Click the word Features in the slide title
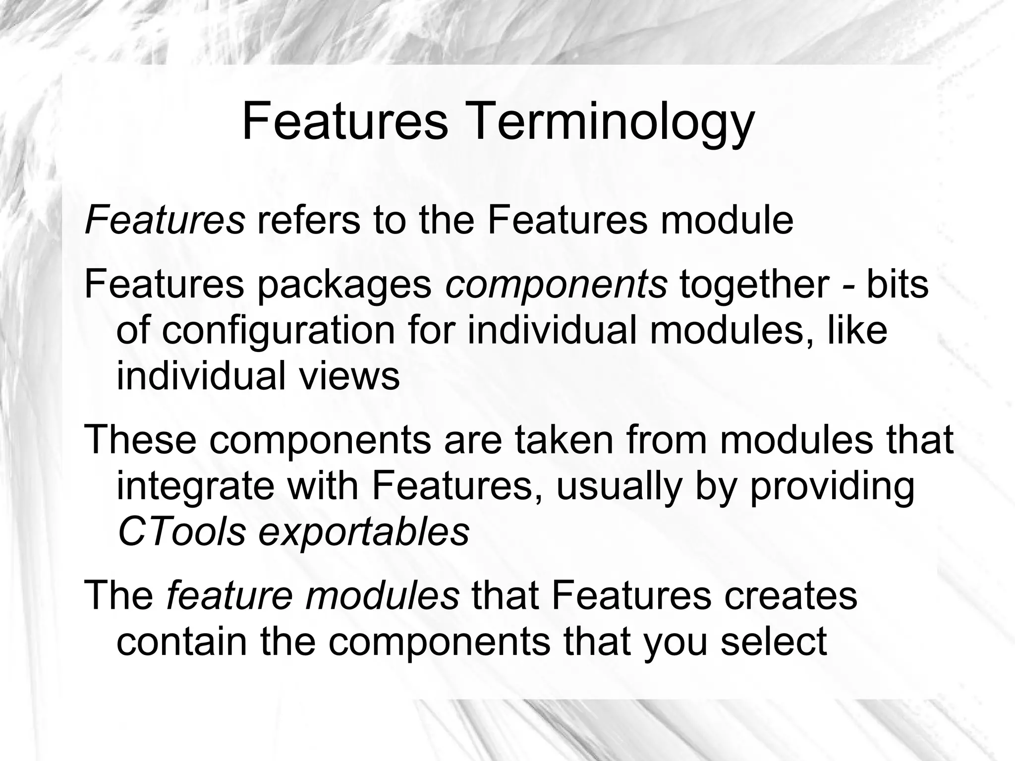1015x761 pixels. click(x=345, y=121)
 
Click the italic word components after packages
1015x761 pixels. click(x=556, y=287)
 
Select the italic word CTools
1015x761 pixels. click(x=182, y=532)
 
